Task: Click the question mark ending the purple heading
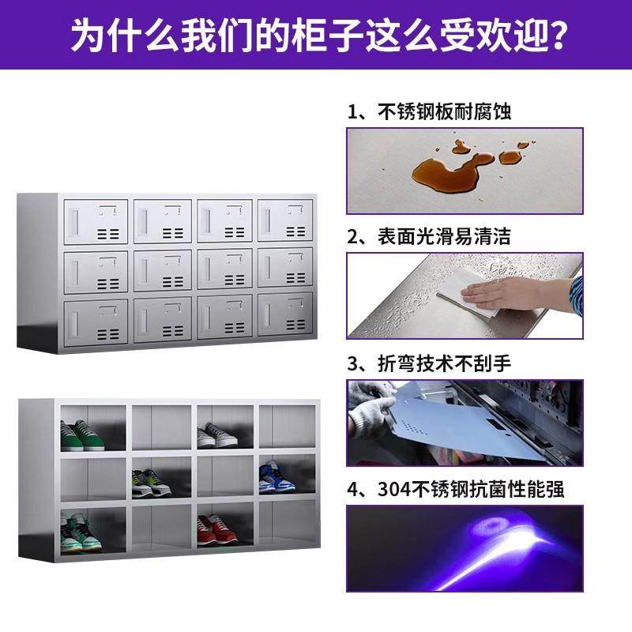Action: point(552,35)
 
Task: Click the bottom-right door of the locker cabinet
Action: point(287,316)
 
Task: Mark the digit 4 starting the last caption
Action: point(353,489)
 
